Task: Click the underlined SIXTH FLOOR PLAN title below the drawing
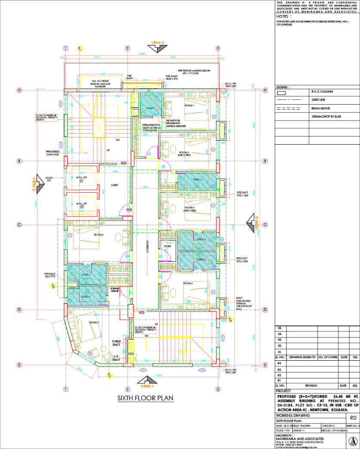(145, 398)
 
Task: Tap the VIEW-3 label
(157, 43)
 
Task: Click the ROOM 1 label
(190, 105)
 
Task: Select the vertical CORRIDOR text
(147, 248)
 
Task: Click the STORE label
(167, 246)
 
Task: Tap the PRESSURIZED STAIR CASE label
(53, 153)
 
